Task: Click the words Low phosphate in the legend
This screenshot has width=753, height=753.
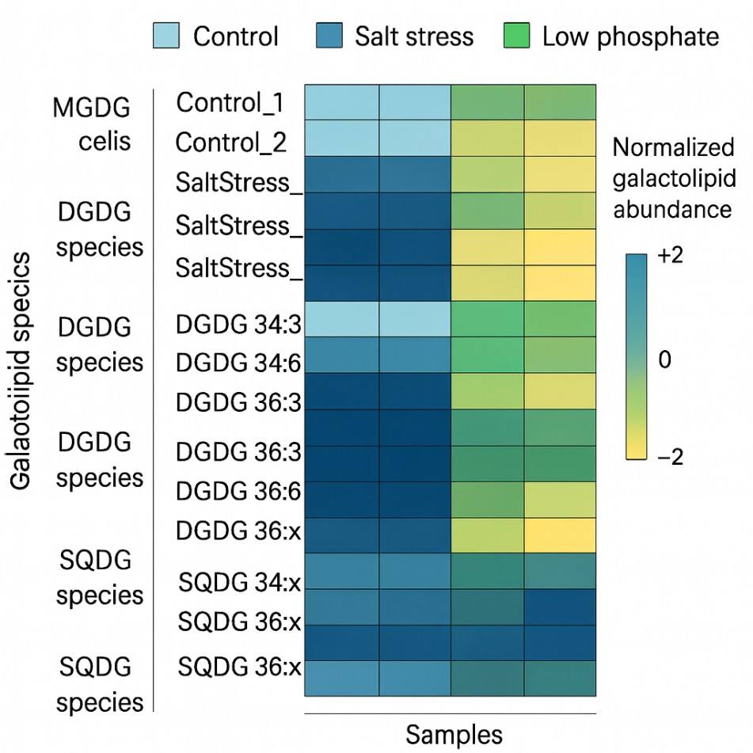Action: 630,36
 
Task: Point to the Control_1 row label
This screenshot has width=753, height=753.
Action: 230,102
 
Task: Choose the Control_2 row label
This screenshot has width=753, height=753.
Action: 230,143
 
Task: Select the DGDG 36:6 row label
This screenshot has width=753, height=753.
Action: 238,491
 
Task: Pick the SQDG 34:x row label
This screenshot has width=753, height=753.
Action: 240,583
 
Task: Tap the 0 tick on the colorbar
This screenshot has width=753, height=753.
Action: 664,359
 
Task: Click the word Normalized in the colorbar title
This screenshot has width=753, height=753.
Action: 674,148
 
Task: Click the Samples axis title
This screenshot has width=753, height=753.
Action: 454,734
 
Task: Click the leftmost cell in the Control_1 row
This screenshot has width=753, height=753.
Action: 341,102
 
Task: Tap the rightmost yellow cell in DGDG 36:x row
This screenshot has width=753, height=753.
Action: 559,534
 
